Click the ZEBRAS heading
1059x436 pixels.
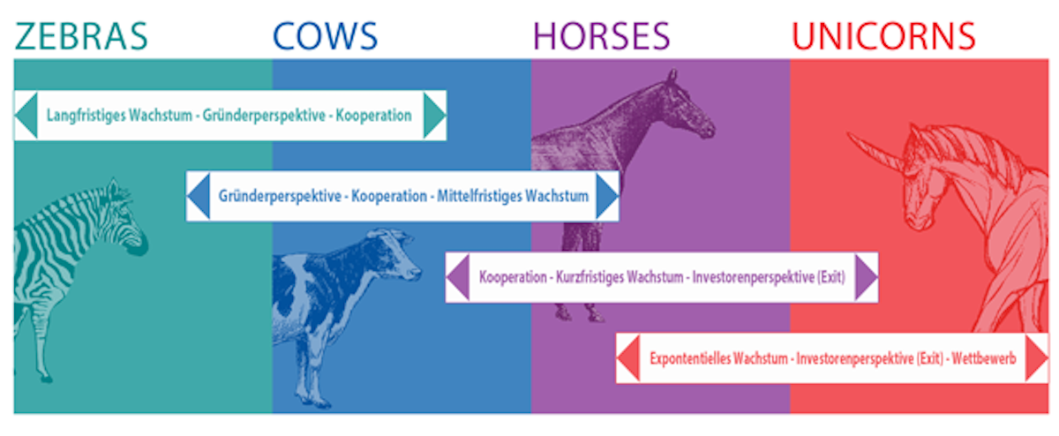point(81,36)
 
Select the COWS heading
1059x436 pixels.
point(326,36)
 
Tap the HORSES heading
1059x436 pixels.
point(601,36)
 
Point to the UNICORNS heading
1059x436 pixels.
point(883,36)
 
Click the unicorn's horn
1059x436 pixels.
point(875,150)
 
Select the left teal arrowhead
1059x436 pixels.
point(26,116)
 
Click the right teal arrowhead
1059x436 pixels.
point(434,116)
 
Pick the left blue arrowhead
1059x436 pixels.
point(199,196)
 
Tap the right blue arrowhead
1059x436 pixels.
point(607,196)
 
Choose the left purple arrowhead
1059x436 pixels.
point(458,277)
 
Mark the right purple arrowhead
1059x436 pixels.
point(867,277)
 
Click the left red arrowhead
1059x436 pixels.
point(628,358)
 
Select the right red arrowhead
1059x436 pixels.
point(1037,358)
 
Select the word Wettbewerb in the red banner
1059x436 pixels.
point(984,358)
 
